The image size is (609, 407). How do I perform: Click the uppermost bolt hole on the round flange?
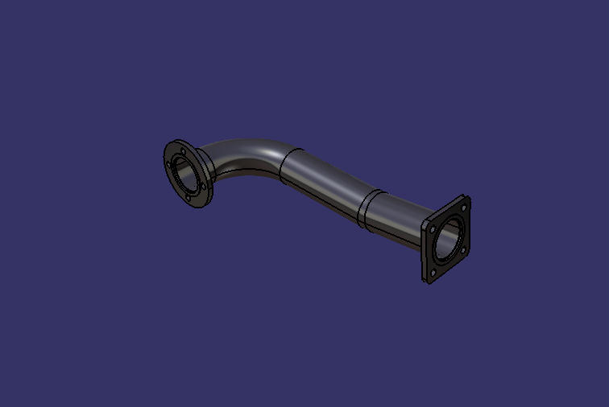[x=182, y=150]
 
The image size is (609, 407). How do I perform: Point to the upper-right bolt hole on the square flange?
[x=464, y=207]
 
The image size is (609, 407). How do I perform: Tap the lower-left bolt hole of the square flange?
[x=433, y=273]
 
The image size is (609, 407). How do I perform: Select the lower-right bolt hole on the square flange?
[x=462, y=250]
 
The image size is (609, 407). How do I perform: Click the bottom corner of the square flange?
[x=428, y=282]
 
